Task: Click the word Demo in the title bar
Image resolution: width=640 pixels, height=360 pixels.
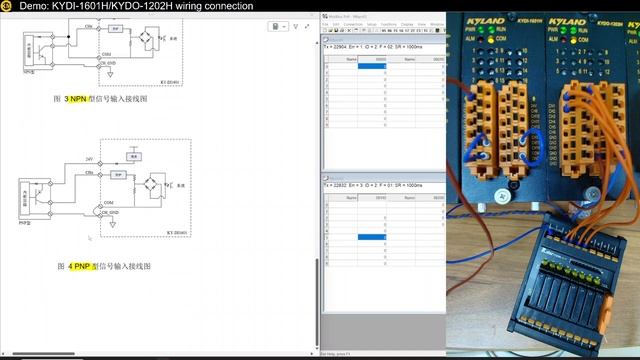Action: pos(32,6)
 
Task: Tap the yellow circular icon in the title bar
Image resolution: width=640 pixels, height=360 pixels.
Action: pos(6,6)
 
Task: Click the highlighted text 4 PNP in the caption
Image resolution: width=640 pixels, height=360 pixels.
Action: pos(80,267)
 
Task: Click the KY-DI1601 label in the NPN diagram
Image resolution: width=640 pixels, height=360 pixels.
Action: pos(172,83)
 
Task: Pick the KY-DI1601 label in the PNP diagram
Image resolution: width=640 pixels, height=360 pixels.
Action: pos(173,232)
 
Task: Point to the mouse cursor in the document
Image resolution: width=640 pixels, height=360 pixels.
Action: pos(89,238)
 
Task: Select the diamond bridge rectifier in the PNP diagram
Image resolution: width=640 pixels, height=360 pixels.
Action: pos(154,186)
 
